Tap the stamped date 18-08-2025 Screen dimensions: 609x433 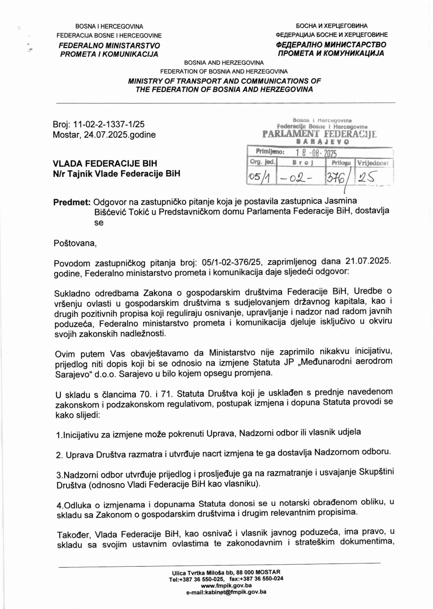click(317, 153)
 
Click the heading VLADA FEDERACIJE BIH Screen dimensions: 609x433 click(105, 163)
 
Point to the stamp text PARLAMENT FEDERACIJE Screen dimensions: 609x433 click(319, 134)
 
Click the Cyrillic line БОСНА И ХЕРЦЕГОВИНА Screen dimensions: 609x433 click(332, 26)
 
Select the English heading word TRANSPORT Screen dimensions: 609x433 click(191, 81)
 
